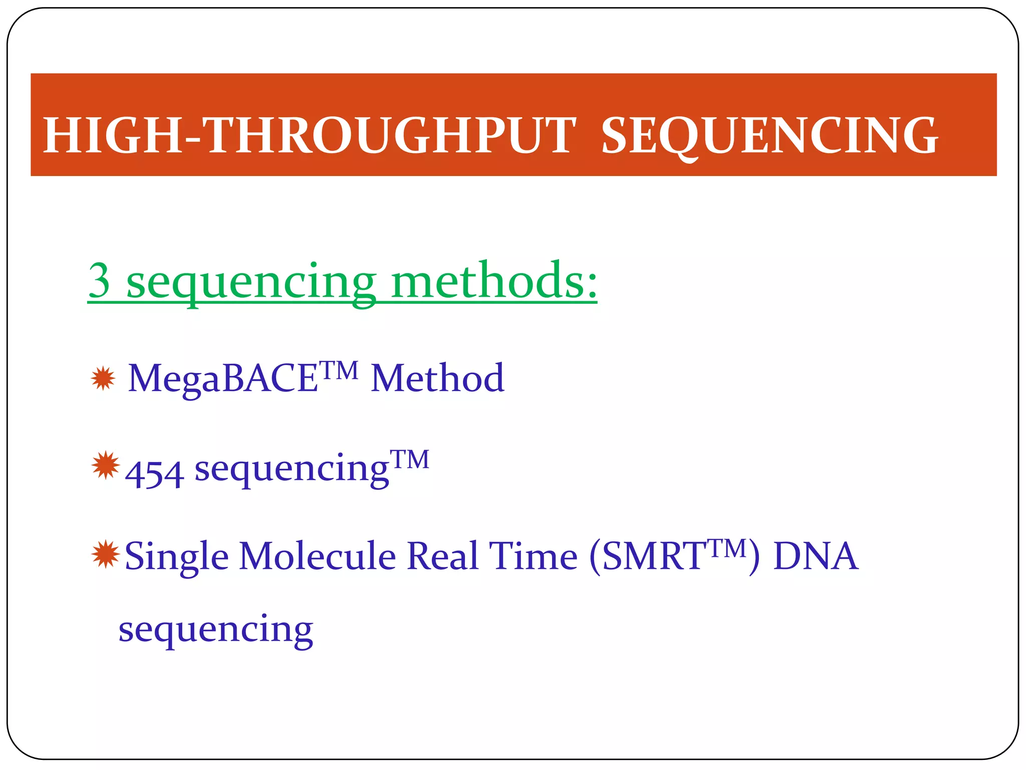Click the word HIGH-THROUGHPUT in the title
[x=309, y=135]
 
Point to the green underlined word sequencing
[x=250, y=283]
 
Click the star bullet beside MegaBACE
[x=103, y=378]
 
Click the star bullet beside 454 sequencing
[x=106, y=466]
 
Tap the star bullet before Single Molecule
[x=106, y=554]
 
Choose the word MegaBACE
[x=223, y=378]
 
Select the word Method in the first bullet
[x=437, y=378]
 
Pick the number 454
[x=154, y=474]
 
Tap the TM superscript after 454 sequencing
[x=410, y=459]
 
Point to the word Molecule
[x=317, y=556]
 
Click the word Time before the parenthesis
[x=533, y=556]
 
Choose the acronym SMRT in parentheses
[x=653, y=556]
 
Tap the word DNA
[x=815, y=556]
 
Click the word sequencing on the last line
[x=215, y=630]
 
